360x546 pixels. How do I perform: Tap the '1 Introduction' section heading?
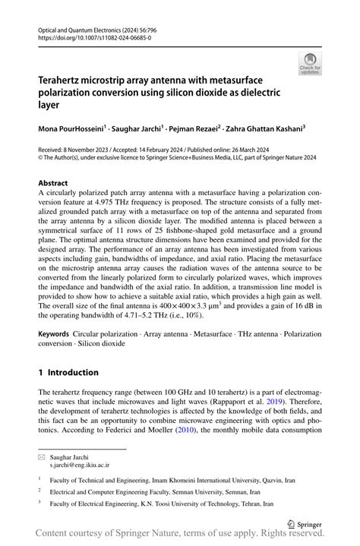pos(68,372)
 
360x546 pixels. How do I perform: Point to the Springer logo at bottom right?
pos(308,523)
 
